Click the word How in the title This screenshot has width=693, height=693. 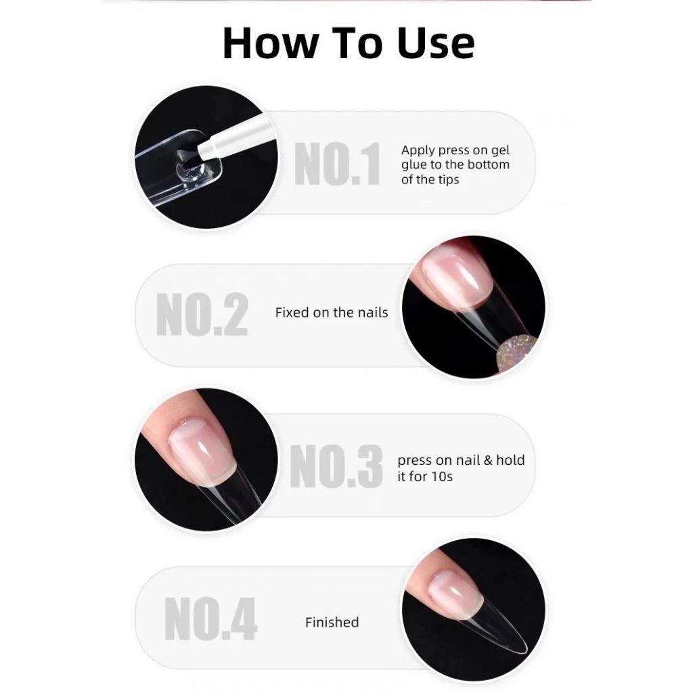tap(271, 43)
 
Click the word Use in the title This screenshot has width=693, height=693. tap(436, 43)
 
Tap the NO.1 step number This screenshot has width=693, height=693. tap(337, 164)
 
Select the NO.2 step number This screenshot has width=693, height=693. tap(202, 314)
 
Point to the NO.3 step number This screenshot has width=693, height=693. tap(336, 466)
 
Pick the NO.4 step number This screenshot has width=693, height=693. tap(210, 619)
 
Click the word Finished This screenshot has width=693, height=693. tap(332, 623)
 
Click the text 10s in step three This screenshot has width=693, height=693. tap(443, 476)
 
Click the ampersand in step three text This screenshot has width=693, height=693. tap(488, 460)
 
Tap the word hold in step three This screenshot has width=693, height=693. tap(510, 460)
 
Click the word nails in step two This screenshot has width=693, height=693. tap(373, 313)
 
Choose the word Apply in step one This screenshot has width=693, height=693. tap(418, 151)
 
